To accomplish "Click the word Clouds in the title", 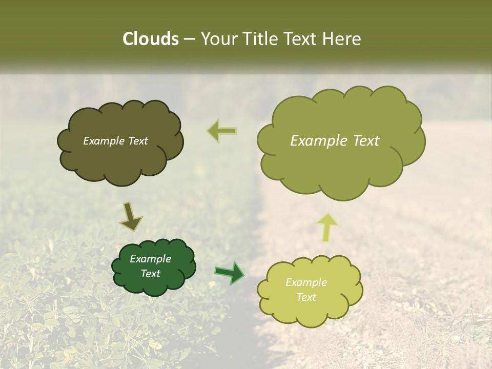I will click(151, 39).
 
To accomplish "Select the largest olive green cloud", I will click(340, 164).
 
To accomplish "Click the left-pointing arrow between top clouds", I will click(222, 131).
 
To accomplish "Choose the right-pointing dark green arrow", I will click(229, 272).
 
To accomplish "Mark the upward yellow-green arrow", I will click(328, 227).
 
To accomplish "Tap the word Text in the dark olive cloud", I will click(137, 141).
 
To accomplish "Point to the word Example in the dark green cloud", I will click(150, 259).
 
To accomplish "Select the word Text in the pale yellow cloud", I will click(306, 297).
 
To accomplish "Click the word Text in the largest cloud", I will click(366, 141).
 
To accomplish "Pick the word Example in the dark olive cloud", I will click(104, 141).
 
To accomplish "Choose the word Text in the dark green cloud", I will click(150, 274).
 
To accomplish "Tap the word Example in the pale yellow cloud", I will click(306, 282).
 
